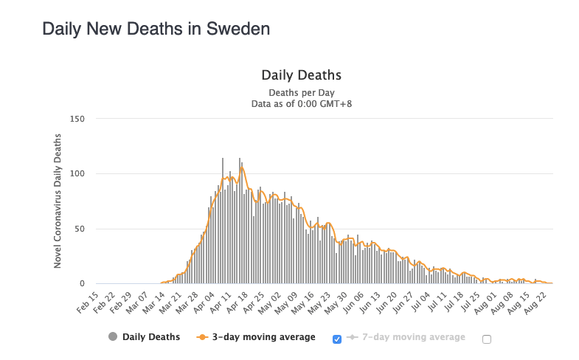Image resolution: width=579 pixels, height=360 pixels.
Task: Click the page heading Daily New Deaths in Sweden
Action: (x=156, y=30)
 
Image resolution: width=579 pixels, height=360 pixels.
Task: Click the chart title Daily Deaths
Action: (x=301, y=75)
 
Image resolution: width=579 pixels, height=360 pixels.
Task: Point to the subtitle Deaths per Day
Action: (x=301, y=93)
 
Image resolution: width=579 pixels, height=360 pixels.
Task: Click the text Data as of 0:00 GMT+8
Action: (x=301, y=104)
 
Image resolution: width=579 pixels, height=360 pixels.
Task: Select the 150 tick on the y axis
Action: (x=77, y=119)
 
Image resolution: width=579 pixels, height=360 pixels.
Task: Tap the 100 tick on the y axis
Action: (x=77, y=174)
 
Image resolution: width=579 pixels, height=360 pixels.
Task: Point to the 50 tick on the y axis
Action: (x=80, y=229)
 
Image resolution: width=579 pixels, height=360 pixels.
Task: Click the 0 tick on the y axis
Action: (x=83, y=284)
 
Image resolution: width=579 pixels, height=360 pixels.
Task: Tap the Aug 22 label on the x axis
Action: (x=544, y=301)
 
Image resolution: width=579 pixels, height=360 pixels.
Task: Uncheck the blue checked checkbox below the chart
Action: (x=337, y=339)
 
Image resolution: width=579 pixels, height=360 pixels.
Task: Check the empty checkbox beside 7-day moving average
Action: (x=486, y=339)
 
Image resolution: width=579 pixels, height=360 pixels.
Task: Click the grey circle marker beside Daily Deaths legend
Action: (x=113, y=337)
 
